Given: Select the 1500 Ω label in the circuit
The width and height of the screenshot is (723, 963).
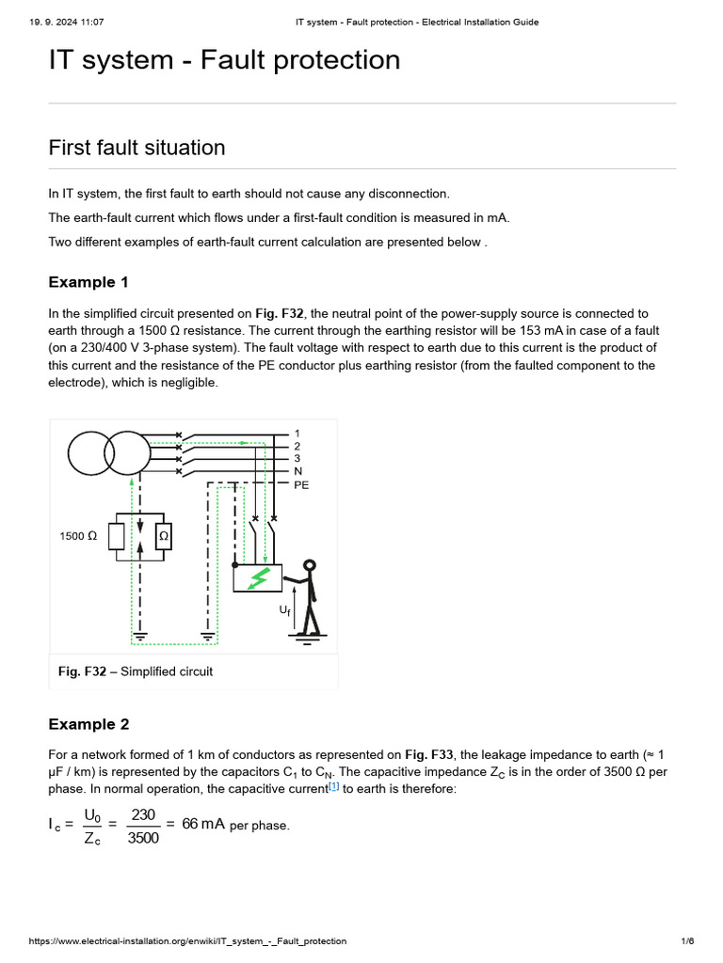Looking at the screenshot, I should click(78, 536).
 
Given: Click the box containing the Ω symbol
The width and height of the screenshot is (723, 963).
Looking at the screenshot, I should click(163, 536).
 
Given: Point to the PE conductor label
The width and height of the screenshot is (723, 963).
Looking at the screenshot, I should click(301, 485).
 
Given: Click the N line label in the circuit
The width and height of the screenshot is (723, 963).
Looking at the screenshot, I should click(297, 472).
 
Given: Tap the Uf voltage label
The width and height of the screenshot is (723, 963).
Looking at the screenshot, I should click(284, 611).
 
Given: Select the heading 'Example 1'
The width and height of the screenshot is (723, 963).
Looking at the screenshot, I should click(88, 282).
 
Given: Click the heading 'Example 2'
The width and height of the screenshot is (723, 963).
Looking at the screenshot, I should click(88, 724).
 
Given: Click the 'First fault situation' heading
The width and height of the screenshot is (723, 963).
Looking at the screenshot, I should click(137, 148).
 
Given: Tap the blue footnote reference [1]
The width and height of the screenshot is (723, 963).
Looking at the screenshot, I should click(334, 786).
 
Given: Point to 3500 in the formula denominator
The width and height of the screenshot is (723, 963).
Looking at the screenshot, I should click(143, 838).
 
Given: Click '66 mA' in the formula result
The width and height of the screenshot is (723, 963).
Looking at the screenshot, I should click(203, 824).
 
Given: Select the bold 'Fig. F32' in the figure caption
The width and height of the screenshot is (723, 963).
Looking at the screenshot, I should click(81, 671).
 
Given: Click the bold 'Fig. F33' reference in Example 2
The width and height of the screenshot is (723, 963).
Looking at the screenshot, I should click(429, 754).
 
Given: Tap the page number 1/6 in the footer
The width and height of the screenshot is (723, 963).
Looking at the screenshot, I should click(687, 941).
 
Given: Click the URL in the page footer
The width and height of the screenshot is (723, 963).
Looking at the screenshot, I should click(188, 941).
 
